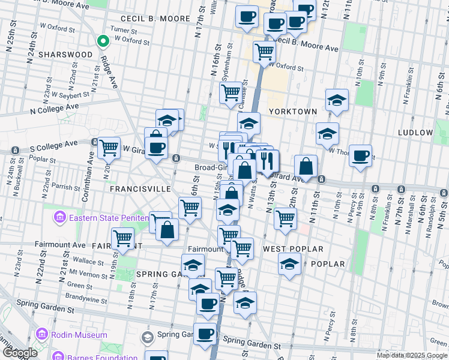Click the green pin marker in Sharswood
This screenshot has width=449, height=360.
point(103,41)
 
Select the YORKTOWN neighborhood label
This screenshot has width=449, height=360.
point(292,112)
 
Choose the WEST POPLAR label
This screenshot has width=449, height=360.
point(293,248)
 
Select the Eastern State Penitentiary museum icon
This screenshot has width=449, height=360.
point(59,217)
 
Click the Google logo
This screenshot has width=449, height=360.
point(19,353)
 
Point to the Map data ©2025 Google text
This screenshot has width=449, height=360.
point(412,355)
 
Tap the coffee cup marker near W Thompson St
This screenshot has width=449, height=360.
point(360,156)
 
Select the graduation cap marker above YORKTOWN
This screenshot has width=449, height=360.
point(337,100)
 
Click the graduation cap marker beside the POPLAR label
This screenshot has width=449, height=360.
point(289,264)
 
